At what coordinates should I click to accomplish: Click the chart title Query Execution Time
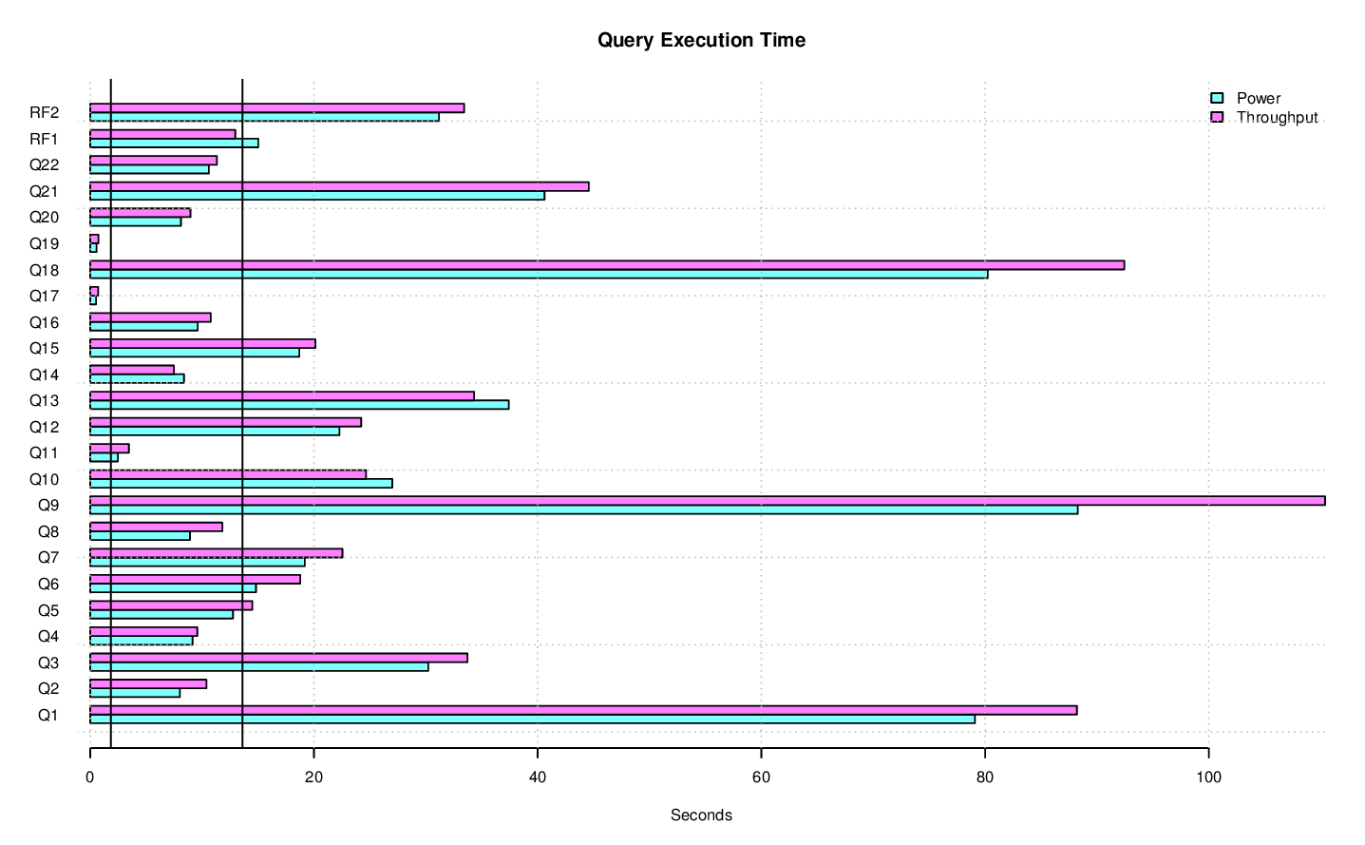coord(701,40)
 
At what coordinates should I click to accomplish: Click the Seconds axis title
coord(701,815)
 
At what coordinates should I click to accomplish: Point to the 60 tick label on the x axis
coord(761,777)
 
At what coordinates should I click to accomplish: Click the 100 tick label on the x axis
coord(1208,777)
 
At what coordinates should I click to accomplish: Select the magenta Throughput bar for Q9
coord(707,501)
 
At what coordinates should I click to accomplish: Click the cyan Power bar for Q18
coord(539,274)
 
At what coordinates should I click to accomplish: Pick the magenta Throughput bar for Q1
coord(583,710)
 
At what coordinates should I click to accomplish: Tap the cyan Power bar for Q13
coord(299,405)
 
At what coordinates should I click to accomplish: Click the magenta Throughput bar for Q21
coord(339,186)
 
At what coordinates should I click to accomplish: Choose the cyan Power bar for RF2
coord(264,117)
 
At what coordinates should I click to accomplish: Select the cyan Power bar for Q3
coord(259,666)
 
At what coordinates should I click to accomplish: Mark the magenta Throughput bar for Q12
coord(225,422)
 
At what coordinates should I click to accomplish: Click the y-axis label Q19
coord(44,243)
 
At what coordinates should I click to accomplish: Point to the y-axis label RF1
coord(44,139)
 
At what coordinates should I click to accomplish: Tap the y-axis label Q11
coord(44,452)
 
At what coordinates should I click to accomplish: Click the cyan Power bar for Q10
coord(241,483)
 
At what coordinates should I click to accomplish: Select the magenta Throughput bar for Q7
coord(216,553)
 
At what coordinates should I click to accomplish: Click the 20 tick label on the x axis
coord(313,777)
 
